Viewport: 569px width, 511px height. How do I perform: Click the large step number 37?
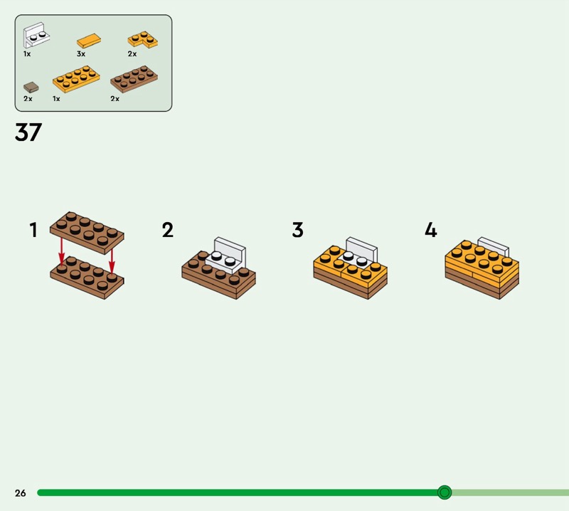(28, 132)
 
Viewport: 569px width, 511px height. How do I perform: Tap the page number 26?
(21, 492)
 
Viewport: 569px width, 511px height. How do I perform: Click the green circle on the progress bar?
(445, 492)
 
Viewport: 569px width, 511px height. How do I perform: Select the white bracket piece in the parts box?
(36, 35)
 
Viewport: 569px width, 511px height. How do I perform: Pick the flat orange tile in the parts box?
(89, 41)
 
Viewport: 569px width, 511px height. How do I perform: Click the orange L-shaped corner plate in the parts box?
(142, 40)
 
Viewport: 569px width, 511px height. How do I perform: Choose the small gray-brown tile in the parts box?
(31, 87)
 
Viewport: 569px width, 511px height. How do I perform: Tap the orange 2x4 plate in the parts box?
(76, 79)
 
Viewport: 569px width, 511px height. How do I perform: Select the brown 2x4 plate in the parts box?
(134, 79)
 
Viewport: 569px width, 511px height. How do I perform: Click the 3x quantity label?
(81, 54)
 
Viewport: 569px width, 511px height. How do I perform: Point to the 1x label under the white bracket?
(27, 54)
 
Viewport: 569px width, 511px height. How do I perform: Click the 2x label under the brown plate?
(115, 98)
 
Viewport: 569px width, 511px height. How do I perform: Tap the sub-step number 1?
(33, 230)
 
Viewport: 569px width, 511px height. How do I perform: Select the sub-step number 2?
(168, 230)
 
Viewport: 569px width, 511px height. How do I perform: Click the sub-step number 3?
(297, 230)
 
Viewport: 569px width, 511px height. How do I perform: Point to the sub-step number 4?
(431, 230)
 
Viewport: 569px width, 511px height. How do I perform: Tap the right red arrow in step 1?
(112, 260)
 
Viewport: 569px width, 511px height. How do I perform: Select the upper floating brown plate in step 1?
(87, 233)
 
